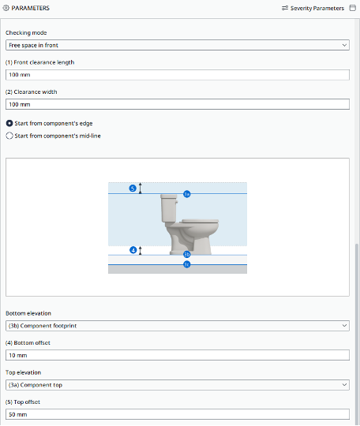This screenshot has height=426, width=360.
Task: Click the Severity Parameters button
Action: (x=313, y=8)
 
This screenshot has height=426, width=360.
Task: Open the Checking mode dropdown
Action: (x=178, y=45)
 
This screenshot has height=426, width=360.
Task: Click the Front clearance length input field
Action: (x=178, y=75)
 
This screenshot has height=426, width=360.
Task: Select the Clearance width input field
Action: (x=178, y=104)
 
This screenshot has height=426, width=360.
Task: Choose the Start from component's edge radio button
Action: (x=9, y=123)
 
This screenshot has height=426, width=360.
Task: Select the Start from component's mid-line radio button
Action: (x=9, y=136)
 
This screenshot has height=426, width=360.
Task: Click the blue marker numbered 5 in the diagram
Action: (x=133, y=189)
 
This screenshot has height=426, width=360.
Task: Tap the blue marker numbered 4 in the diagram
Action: (x=133, y=250)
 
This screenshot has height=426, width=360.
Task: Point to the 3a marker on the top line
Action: (x=187, y=194)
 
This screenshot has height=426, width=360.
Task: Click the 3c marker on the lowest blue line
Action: (x=187, y=264)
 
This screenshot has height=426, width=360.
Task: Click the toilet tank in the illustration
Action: (x=169, y=207)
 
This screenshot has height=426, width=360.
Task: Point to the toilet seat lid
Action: (x=201, y=221)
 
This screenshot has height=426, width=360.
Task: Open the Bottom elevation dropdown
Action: (x=178, y=326)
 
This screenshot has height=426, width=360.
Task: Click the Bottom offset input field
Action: (x=178, y=355)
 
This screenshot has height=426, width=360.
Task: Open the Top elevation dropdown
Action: (x=178, y=385)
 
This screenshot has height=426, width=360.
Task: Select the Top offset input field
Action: (x=178, y=414)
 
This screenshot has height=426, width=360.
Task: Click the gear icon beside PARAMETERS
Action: (x=6, y=8)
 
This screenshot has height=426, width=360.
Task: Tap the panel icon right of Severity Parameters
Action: (x=353, y=8)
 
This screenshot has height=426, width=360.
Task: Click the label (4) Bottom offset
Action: (x=28, y=343)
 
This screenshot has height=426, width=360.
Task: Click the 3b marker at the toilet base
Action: (x=187, y=254)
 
